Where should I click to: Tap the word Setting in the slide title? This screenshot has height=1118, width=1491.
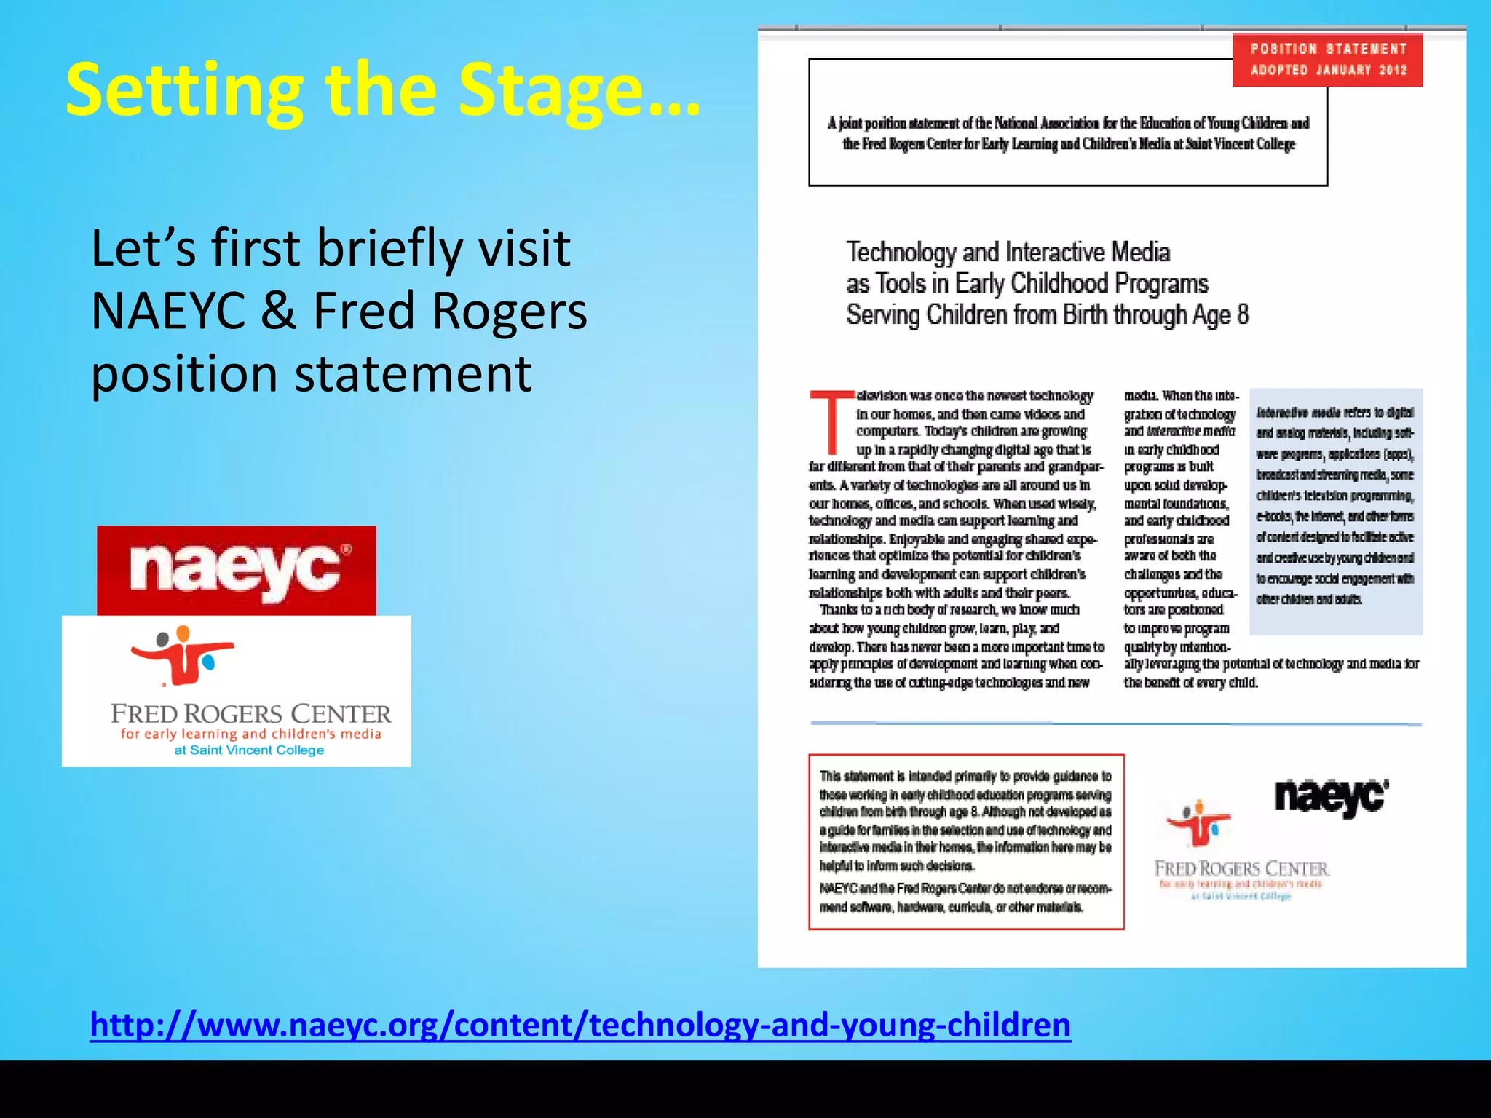[x=185, y=91]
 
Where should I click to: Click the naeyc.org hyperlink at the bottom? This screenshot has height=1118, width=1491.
[x=580, y=1024]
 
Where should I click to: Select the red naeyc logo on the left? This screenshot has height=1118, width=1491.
[x=237, y=570]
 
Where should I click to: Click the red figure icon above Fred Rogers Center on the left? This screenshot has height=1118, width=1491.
[x=182, y=655]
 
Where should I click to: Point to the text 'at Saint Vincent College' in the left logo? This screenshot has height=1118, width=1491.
[x=249, y=750]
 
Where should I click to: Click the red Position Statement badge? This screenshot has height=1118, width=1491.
[x=1327, y=60]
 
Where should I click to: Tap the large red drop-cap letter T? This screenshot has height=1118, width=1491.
[x=831, y=422]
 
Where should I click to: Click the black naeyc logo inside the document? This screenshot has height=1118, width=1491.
[x=1331, y=797]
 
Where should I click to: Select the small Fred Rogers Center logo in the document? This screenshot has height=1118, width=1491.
[x=1241, y=852]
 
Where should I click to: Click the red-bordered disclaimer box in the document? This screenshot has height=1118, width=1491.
[x=965, y=841]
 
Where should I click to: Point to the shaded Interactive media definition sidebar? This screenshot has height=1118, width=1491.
[x=1335, y=510]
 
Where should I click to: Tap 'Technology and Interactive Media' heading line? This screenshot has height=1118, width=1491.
[x=1008, y=253]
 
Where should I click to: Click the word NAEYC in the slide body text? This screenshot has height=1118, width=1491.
[x=169, y=312]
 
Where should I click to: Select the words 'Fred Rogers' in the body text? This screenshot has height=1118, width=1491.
[x=449, y=312]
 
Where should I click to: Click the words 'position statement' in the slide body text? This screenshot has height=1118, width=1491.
[x=311, y=374]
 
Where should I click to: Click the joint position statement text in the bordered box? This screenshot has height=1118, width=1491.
[x=1068, y=133]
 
